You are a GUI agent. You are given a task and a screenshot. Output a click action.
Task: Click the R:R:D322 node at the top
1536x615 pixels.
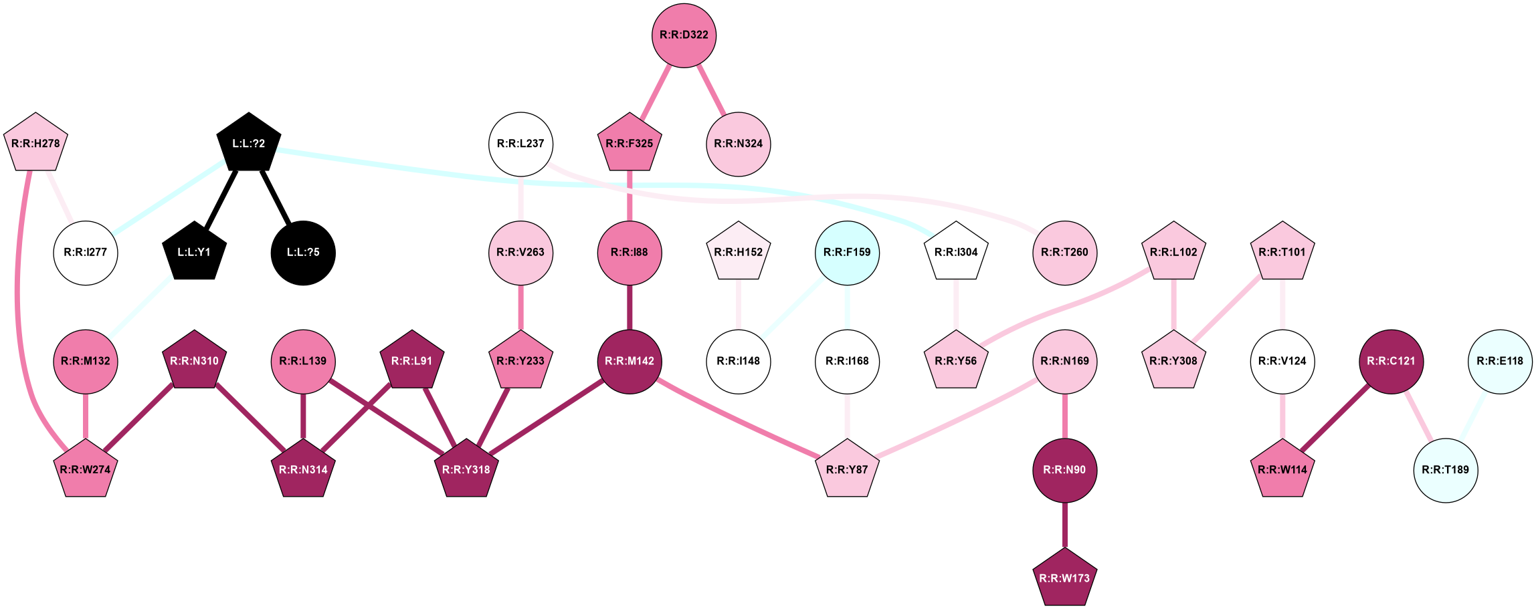684,35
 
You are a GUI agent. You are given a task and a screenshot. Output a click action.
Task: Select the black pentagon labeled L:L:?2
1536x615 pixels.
248,143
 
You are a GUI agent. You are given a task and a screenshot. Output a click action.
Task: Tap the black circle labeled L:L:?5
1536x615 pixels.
303,253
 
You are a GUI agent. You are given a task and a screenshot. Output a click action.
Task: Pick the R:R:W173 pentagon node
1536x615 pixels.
1064,578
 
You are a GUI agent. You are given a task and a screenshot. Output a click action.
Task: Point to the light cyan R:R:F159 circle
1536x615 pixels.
847,253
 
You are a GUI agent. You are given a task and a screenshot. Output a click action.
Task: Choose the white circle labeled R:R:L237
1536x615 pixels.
520,144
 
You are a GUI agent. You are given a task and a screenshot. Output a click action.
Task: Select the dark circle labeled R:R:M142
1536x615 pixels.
630,362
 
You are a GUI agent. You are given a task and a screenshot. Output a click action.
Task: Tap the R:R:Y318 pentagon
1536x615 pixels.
466,469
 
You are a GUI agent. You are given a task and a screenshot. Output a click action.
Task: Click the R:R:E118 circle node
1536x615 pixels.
1500,362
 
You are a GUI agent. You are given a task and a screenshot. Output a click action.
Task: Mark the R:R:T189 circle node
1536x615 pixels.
1446,470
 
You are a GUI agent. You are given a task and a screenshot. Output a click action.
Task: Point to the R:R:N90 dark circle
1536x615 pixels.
1064,470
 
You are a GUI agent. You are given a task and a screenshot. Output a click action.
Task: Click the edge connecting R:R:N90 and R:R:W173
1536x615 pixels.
1064,525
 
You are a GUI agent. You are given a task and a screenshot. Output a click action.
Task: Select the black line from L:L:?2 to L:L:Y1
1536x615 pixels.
221,198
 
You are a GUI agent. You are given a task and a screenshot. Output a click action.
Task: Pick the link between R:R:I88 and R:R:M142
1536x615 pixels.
630,307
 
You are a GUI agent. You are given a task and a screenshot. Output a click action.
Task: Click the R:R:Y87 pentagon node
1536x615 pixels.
847,470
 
